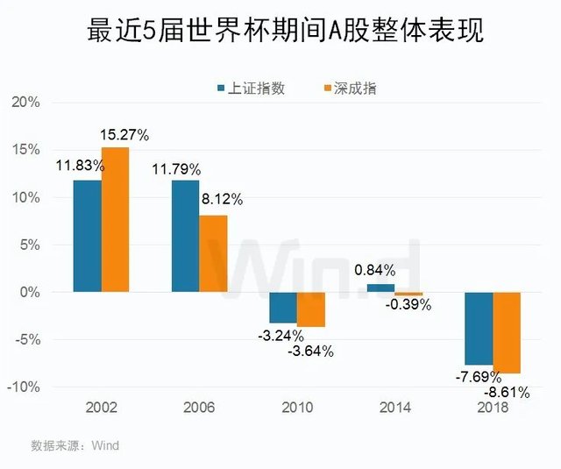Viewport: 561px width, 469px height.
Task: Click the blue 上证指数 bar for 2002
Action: pos(87,235)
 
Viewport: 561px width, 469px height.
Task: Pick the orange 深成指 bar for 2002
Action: pos(115,219)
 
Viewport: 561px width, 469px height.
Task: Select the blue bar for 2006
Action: pos(185,235)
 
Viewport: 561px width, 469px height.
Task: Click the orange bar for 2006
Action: pos(213,252)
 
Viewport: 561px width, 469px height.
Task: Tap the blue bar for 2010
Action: pos(282,307)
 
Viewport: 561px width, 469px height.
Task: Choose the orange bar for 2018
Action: pos(507,332)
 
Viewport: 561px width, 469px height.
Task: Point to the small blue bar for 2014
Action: pos(380,288)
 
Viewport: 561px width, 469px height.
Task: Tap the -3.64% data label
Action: pos(310,352)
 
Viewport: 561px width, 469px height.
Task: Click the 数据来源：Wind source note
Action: pos(75,445)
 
